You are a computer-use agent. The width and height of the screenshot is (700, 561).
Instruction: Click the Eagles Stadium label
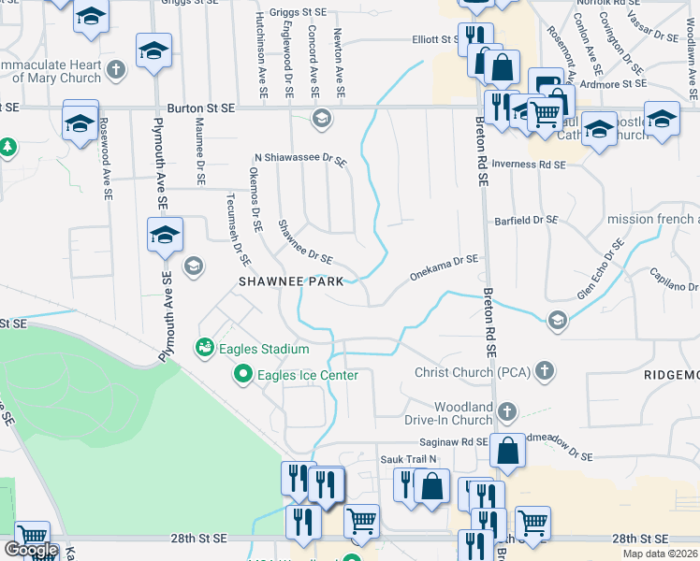click(264, 350)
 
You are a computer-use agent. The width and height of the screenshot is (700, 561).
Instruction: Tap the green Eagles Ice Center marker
click(242, 376)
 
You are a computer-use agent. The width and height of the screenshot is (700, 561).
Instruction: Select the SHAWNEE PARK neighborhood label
click(290, 280)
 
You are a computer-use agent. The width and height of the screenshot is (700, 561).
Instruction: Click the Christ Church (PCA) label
click(474, 373)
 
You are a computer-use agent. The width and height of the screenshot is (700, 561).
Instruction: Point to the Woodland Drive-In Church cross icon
click(506, 411)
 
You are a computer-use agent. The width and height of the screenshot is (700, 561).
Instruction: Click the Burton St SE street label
click(201, 108)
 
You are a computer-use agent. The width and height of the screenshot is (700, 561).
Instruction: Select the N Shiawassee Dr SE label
click(299, 161)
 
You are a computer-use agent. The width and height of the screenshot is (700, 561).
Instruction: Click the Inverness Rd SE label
click(528, 165)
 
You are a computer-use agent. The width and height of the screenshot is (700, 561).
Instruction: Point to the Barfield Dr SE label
click(526, 220)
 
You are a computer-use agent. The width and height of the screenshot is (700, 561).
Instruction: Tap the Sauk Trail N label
click(408, 459)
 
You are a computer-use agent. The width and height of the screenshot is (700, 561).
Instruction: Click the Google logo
click(30, 550)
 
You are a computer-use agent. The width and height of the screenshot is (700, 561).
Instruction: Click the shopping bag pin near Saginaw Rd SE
click(506, 450)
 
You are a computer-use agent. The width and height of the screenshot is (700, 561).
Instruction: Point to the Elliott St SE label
click(438, 39)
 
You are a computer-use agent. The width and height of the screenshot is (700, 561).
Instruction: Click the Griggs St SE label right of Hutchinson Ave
click(299, 12)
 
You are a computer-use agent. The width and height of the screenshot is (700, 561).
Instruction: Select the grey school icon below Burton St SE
click(321, 118)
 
